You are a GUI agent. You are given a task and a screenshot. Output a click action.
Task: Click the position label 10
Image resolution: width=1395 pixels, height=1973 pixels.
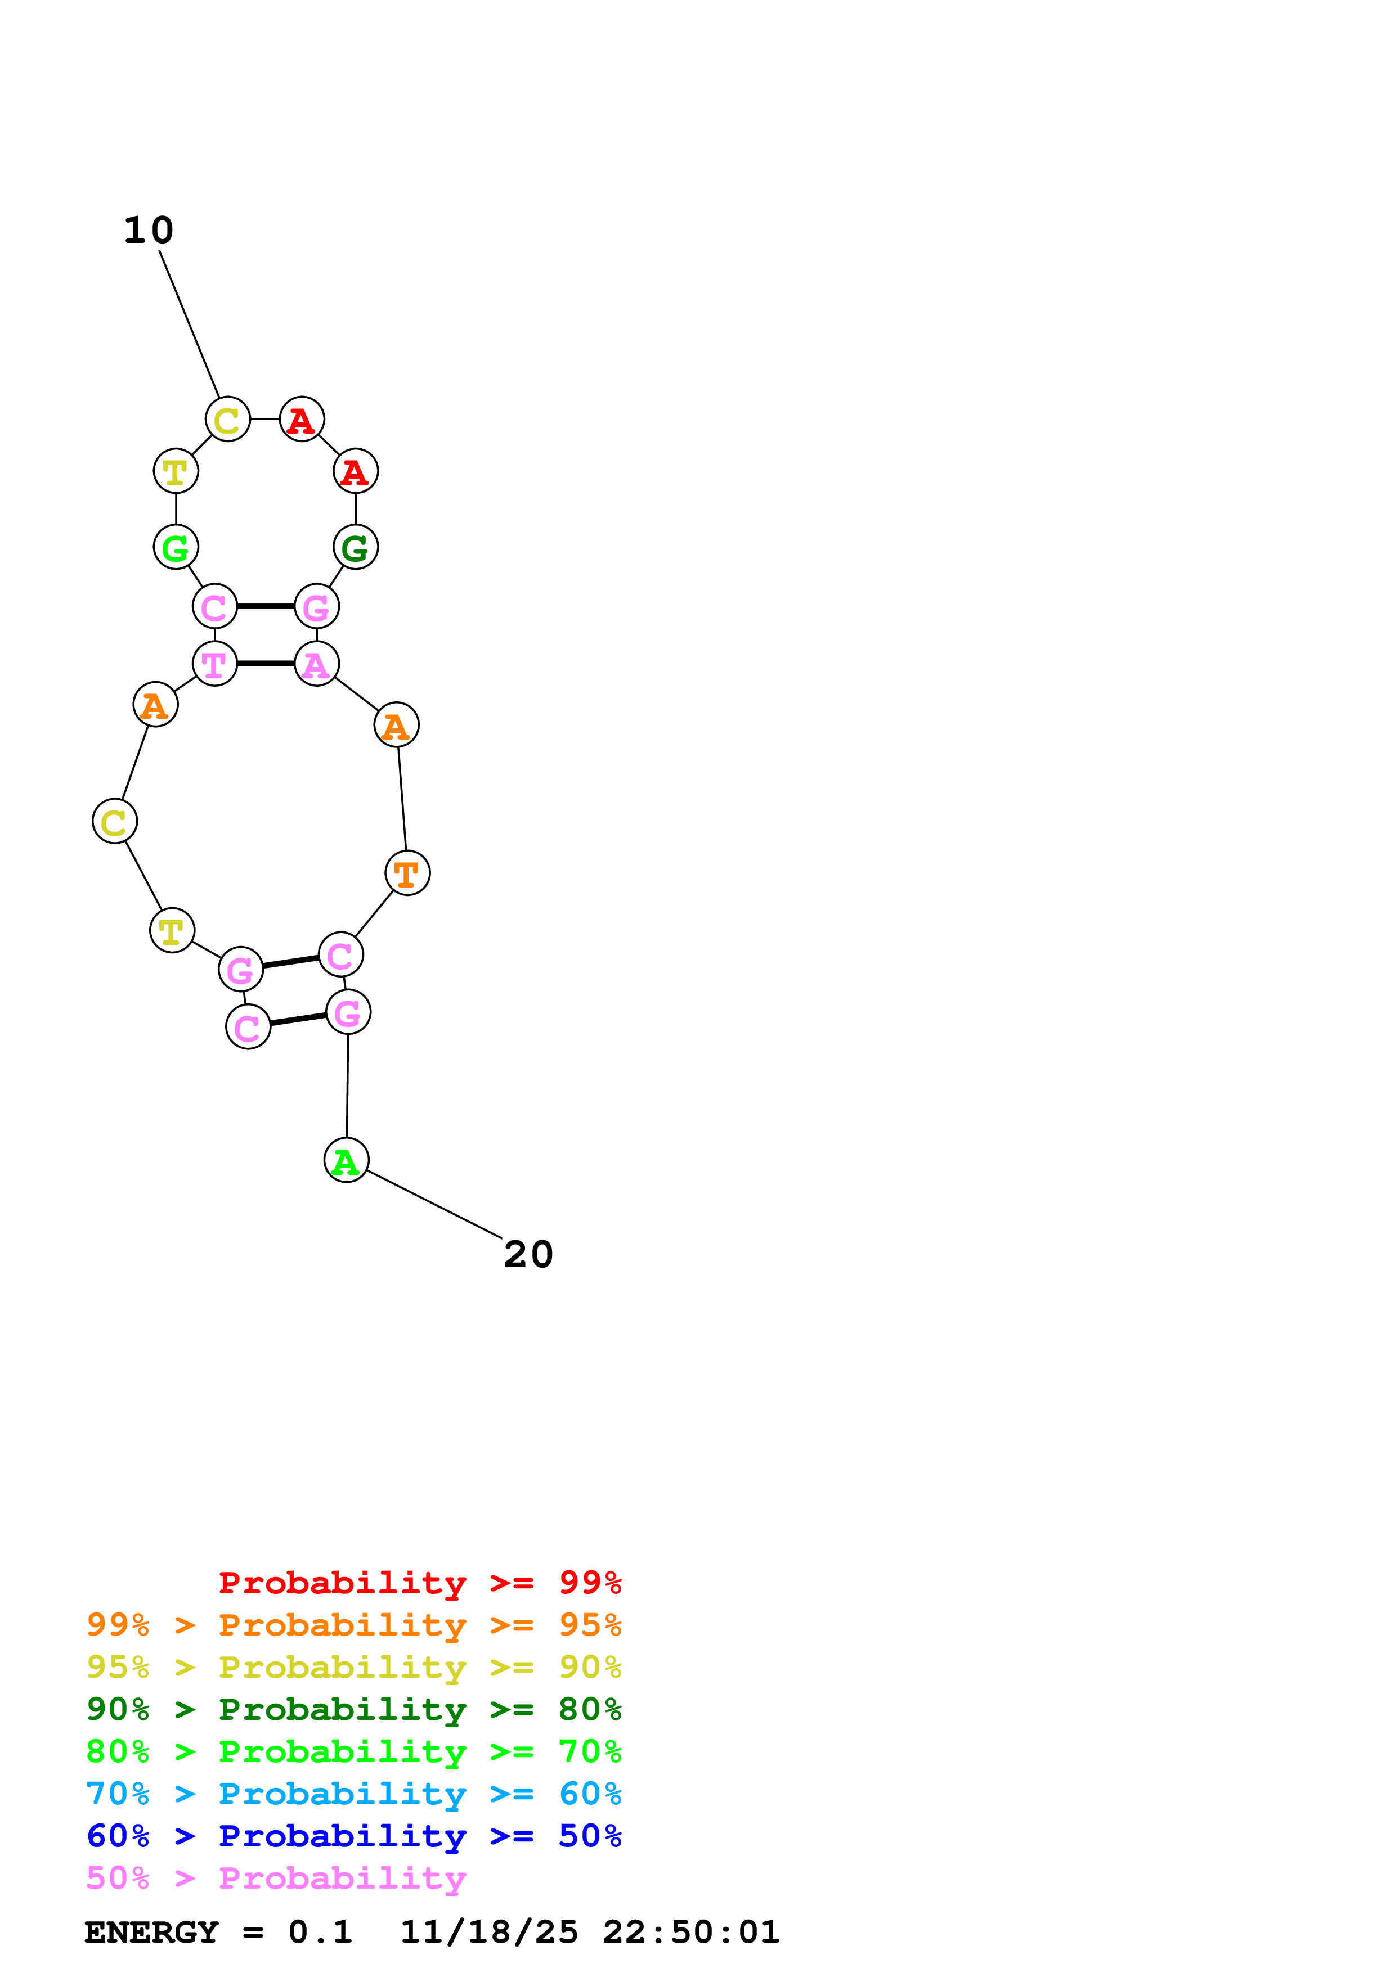149,230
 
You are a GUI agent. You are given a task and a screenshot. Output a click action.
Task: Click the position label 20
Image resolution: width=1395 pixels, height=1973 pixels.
528,1255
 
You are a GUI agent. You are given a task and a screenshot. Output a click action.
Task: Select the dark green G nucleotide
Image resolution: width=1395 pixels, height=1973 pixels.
356,547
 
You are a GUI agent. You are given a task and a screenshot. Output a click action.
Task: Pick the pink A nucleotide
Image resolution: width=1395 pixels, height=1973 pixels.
316,664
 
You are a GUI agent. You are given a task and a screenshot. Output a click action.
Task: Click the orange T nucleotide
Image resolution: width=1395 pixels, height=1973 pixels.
407,873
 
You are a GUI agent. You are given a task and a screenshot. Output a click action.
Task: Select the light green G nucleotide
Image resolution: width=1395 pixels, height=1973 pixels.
176,547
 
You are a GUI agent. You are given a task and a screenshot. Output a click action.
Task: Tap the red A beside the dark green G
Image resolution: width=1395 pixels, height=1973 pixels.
356,472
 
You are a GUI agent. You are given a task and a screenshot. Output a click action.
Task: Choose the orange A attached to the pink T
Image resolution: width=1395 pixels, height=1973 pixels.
155,705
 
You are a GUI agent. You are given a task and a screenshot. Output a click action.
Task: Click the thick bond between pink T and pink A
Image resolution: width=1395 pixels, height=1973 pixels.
266,664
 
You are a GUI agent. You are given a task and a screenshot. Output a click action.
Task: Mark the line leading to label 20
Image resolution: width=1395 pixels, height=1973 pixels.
434,1205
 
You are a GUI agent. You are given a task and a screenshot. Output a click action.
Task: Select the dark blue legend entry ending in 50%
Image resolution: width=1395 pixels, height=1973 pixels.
353,1836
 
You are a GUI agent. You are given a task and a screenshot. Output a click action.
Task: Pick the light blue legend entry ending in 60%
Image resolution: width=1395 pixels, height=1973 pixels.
353,1794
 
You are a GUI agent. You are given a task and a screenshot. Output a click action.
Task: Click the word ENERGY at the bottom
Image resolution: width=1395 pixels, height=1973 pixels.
151,1933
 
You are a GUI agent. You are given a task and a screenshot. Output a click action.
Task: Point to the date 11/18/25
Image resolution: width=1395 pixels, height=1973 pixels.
489,1933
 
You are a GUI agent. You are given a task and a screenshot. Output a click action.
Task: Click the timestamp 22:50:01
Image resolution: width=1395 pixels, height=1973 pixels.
691,1933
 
